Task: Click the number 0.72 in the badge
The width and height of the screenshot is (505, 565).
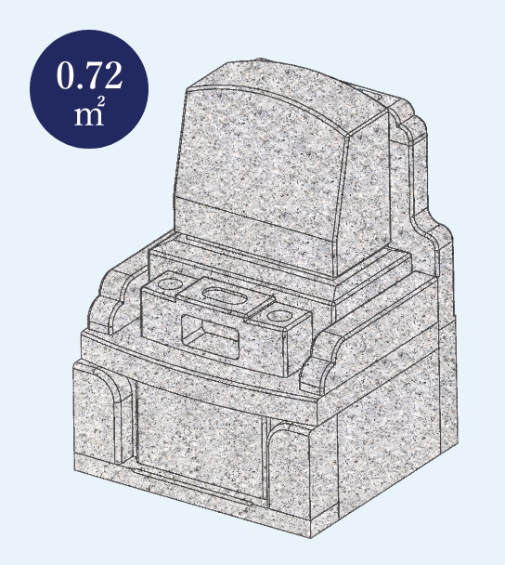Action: pyautogui.click(x=89, y=75)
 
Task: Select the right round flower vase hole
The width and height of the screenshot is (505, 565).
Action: pyautogui.click(x=279, y=316)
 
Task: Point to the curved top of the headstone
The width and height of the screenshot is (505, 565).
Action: pyautogui.click(x=274, y=94)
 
